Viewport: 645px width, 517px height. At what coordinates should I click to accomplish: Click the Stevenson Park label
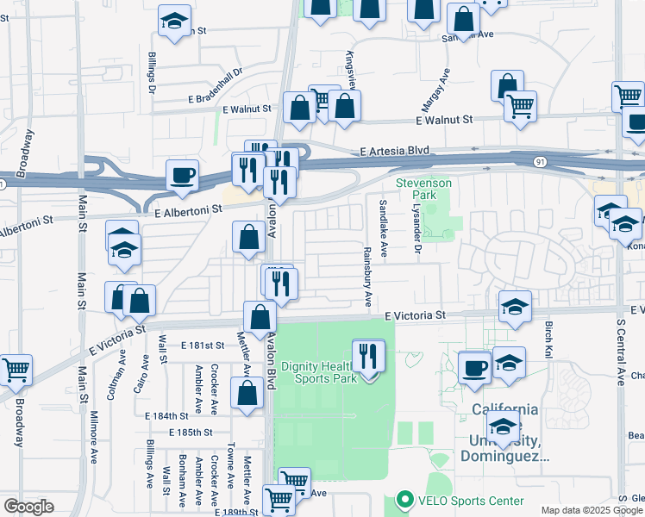tap(423, 189)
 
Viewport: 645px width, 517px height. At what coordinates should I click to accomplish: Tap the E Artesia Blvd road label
tap(394, 151)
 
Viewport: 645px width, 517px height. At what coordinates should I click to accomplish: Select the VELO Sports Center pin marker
tap(402, 500)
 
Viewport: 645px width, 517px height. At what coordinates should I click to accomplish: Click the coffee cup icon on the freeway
tap(183, 176)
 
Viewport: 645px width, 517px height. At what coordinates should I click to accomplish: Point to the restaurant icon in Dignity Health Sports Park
tap(369, 356)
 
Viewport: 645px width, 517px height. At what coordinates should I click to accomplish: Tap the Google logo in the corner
tap(28, 507)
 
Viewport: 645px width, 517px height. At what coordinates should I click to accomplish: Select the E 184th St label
tap(166, 414)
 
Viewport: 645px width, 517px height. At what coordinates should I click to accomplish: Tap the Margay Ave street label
tap(436, 90)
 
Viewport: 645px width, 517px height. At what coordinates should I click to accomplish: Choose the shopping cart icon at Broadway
tap(16, 371)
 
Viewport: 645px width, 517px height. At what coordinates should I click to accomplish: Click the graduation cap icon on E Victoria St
tap(515, 307)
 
